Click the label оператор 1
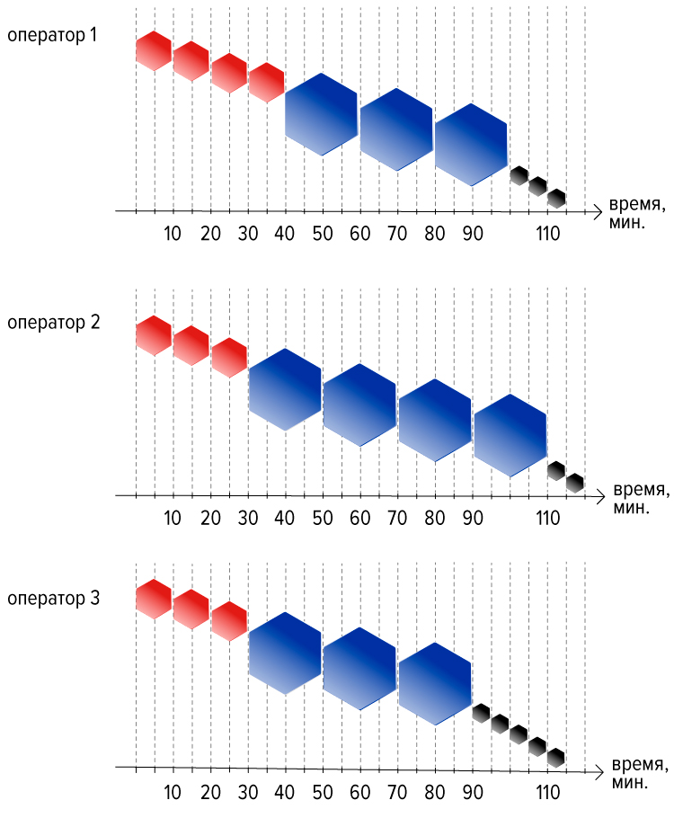pyautogui.click(x=52, y=35)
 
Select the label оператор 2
pyautogui.click(x=53, y=323)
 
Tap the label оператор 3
pyautogui.click(x=53, y=599)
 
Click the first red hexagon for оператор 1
pyautogui.click(x=154, y=50)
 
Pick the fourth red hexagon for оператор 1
pyautogui.click(x=267, y=83)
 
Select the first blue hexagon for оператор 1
pyautogui.click(x=322, y=114)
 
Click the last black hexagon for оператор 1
pyautogui.click(x=556, y=199)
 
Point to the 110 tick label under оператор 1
pyautogui.click(x=548, y=233)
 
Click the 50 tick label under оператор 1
pyautogui.click(x=323, y=233)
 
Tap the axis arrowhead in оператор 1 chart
pyautogui.click(x=598, y=212)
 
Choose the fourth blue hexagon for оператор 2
pyautogui.click(x=510, y=435)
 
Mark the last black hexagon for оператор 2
pyautogui.click(x=575, y=483)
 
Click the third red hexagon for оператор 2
pyautogui.click(x=229, y=358)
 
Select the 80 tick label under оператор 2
pyautogui.click(x=435, y=518)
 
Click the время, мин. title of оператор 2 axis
pyautogui.click(x=641, y=498)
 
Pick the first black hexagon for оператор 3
pyautogui.click(x=481, y=713)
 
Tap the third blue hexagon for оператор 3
pyautogui.click(x=435, y=684)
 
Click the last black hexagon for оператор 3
pyautogui.click(x=556, y=758)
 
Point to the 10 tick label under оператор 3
pyautogui.click(x=173, y=793)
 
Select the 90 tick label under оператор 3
pyautogui.click(x=473, y=793)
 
